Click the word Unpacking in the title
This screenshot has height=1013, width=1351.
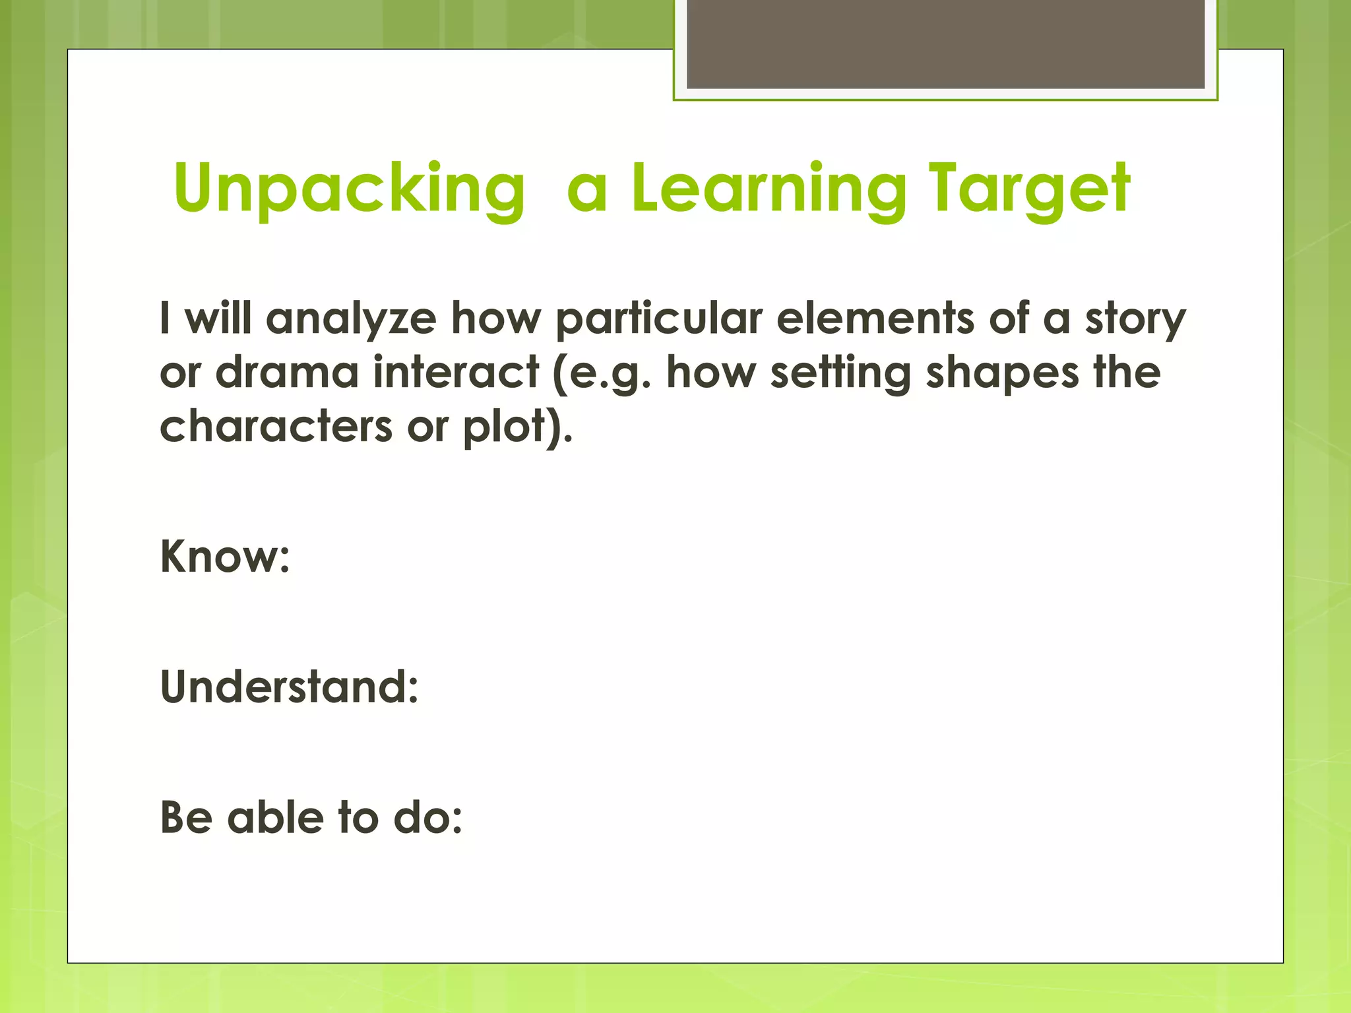pyautogui.click(x=349, y=190)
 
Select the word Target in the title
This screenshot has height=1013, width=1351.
pyautogui.click(x=1029, y=190)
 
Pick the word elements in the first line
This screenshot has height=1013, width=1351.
pyautogui.click(x=875, y=319)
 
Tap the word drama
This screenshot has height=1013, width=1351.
pyautogui.click(x=286, y=373)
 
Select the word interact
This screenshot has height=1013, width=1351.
pyautogui.click(x=456, y=373)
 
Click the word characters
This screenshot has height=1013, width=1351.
pyautogui.click(x=276, y=427)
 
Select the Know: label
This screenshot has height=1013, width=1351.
pyautogui.click(x=224, y=557)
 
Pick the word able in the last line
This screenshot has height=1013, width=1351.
pyautogui.click(x=275, y=818)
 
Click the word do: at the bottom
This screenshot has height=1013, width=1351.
pyautogui.click(x=427, y=818)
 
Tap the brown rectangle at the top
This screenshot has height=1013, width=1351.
pyautogui.click(x=945, y=44)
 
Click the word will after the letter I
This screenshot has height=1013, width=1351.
pyautogui.click(x=218, y=319)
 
